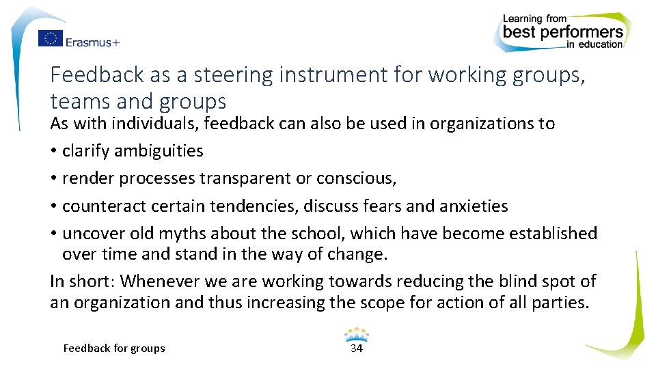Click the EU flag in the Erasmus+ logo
click(x=51, y=39)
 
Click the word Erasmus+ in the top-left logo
click(x=92, y=42)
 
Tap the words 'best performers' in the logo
click(x=562, y=32)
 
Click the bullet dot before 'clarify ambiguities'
click(x=53, y=151)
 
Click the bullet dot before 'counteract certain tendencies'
click(x=53, y=206)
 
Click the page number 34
click(x=357, y=348)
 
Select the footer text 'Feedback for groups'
click(x=114, y=348)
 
